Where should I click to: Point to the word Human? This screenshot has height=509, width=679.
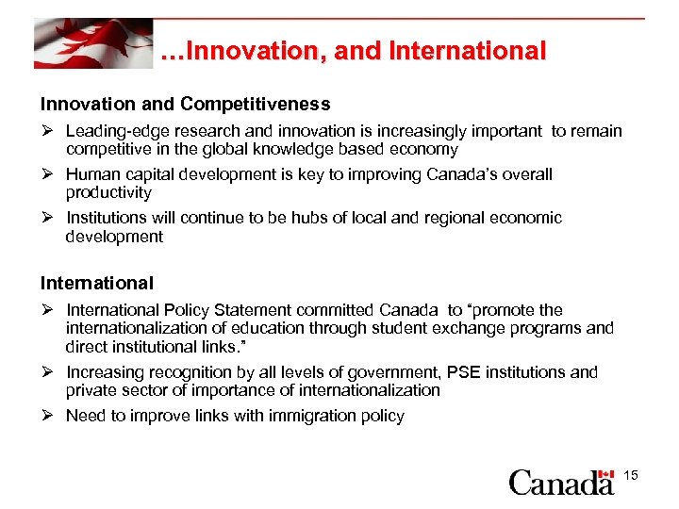point(91,174)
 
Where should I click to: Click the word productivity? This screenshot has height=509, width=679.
point(108,192)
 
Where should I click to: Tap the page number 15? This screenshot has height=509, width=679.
point(631,476)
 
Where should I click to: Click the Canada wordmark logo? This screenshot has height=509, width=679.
point(562,483)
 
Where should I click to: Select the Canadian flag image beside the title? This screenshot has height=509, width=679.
point(92,42)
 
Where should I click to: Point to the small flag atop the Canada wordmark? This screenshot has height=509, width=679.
point(605,472)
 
